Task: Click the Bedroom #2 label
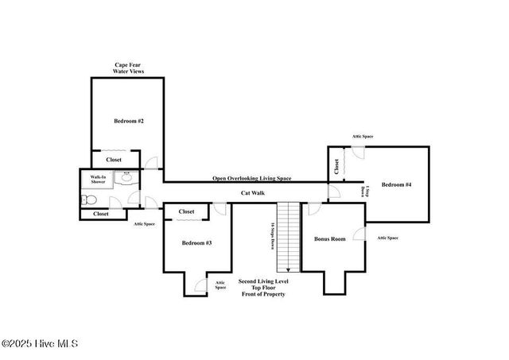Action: pos(128,121)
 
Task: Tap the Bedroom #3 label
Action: pos(196,242)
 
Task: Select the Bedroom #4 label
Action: pos(396,185)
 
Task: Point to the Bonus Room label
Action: pos(329,238)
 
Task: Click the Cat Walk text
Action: pos(253,193)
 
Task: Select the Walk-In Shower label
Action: pos(99,180)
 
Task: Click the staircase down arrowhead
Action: pos(288,270)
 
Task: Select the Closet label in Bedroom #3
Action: pos(187,211)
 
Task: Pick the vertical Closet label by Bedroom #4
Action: pos(336,166)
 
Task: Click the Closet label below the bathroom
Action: pos(101,214)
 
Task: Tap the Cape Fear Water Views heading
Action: pos(128,68)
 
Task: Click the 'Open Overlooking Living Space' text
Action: pos(251,178)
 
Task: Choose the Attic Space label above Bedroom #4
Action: pos(363,137)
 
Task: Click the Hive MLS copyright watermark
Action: pos(39,343)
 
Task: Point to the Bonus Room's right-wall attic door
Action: pos(359,235)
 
